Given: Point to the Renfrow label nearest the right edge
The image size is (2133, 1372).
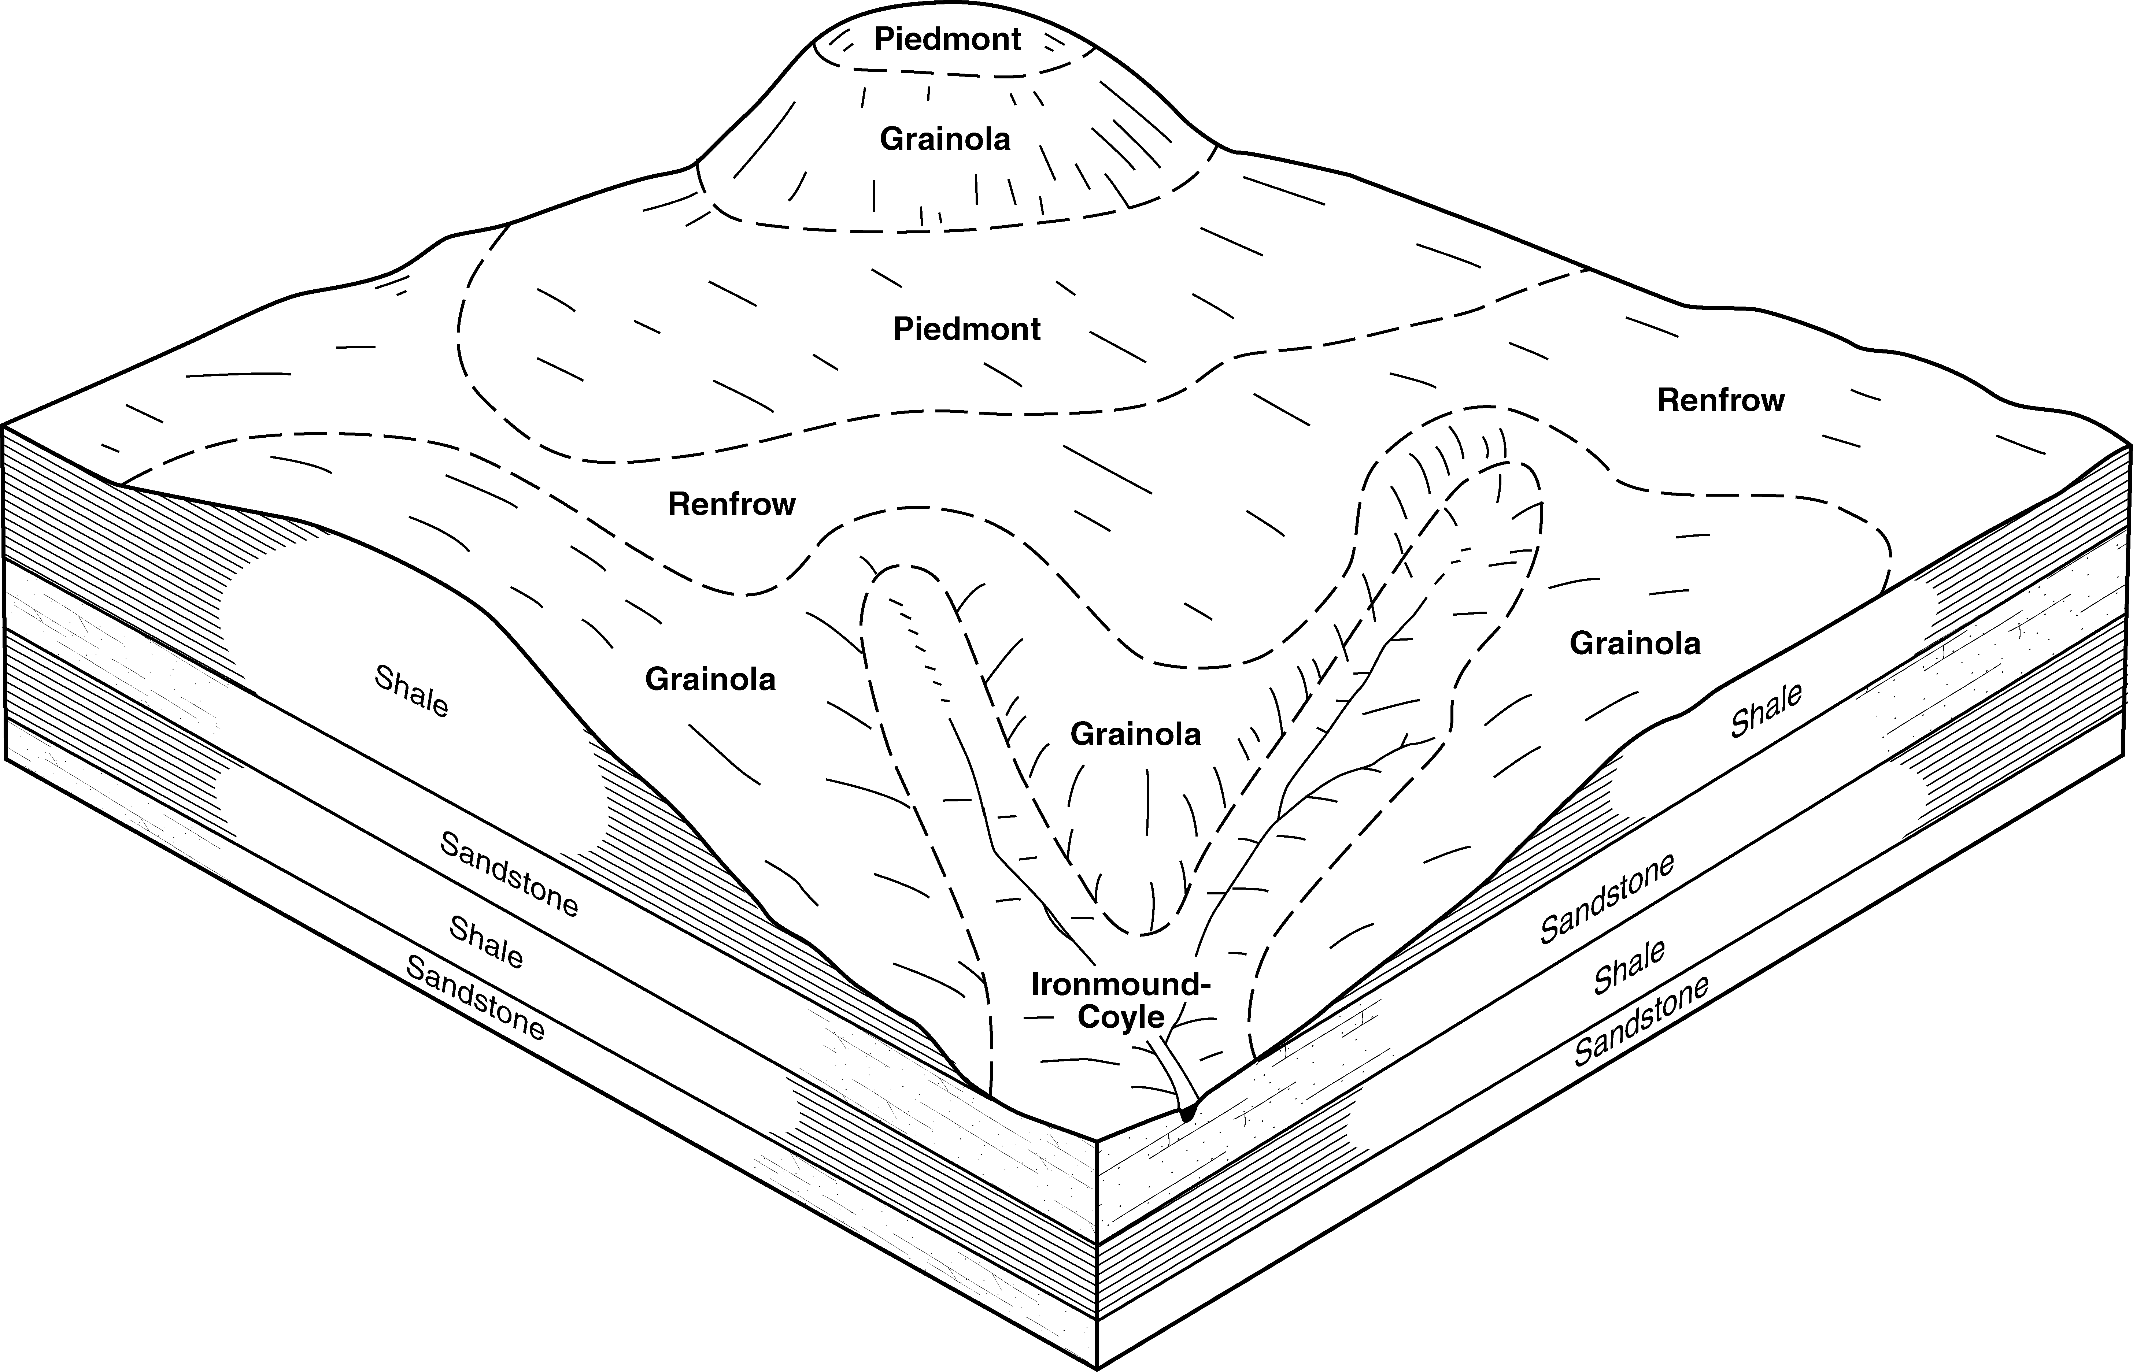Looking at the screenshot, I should pos(1720,401).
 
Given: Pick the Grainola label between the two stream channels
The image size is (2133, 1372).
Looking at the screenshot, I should pos(1135,734).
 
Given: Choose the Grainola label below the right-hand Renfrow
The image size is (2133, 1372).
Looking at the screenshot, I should pos(1635,643).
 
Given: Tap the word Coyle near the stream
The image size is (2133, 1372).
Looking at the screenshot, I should pos(1121,1017).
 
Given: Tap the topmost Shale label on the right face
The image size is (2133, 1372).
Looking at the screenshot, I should pos(1766,710).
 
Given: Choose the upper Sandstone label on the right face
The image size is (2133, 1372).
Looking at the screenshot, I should pos(1607,898).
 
